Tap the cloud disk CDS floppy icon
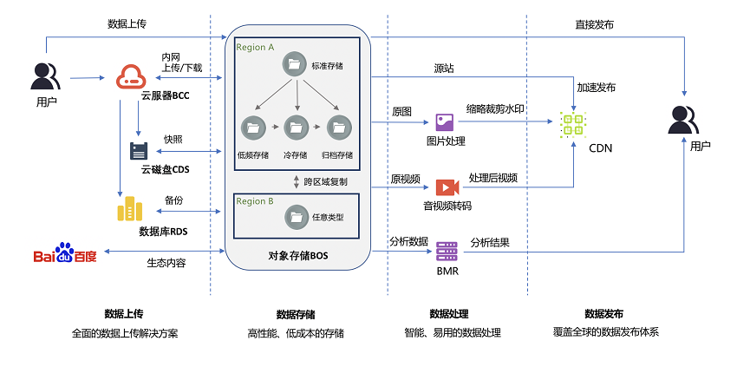coord(139,151)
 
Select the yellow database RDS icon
coord(129,208)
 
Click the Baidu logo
coord(65,253)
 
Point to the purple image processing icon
coord(444,122)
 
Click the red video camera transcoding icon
coord(447,187)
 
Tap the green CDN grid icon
coord(572,125)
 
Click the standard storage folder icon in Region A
coord(295,65)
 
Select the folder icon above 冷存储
coord(297,127)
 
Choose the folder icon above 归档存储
coord(338,127)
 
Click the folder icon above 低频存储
coord(253,127)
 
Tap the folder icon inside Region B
coord(297,218)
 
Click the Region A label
coord(255,48)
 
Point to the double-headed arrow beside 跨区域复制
coord(297,182)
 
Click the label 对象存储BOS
coord(298,257)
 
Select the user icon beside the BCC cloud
coord(46,76)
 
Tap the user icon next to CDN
coord(683,120)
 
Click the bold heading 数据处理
coord(449,314)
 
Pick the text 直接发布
coord(594,25)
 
